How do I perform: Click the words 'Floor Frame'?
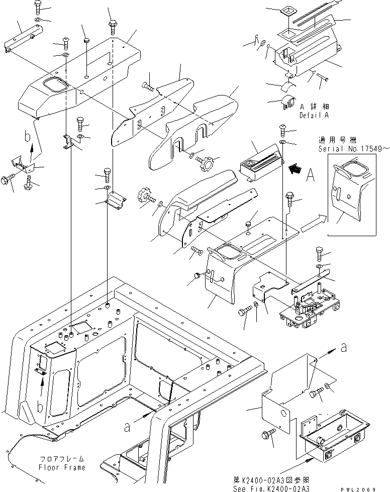click(62, 467)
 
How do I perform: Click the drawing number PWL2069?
click(358, 489)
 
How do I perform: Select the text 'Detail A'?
click(314, 115)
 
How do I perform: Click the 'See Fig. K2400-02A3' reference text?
click(271, 488)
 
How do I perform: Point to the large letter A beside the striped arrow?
click(310, 175)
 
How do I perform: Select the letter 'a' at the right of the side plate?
click(344, 348)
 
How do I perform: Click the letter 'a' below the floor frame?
click(127, 427)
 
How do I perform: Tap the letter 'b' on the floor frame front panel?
click(40, 407)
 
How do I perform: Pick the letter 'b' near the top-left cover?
click(28, 137)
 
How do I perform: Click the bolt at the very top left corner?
click(38, 7)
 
